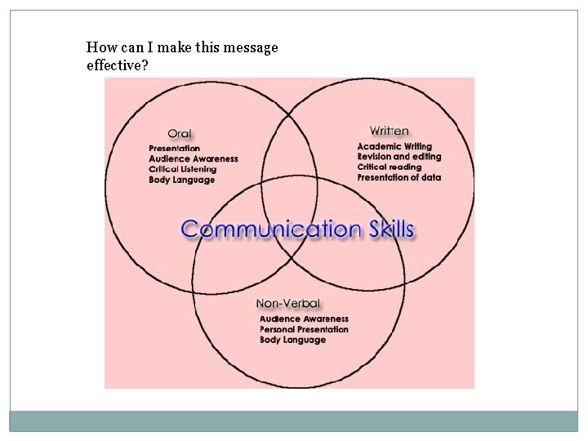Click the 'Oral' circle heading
[179, 133]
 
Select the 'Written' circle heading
[389, 131]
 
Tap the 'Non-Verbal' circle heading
[287, 304]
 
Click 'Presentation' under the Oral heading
[175, 148]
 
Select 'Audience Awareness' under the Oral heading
[194, 158]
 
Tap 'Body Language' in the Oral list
[182, 180]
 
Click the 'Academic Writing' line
[394, 146]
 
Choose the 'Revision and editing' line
[399, 157]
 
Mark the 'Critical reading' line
[390, 167]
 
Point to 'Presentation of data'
[399, 177]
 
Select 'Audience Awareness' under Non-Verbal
[304, 318]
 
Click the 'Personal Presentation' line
[304, 329]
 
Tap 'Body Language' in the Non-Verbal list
[292, 340]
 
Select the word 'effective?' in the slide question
[117, 65]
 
